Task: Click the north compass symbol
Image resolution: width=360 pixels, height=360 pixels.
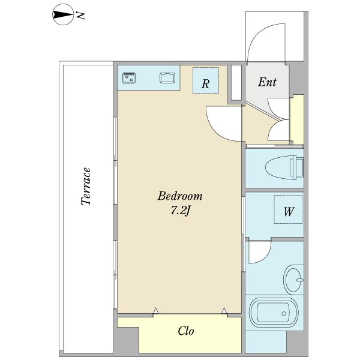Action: pyautogui.click(x=63, y=15)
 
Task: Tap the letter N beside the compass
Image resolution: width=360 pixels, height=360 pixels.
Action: pyautogui.click(x=81, y=16)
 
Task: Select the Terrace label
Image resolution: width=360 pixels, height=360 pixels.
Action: pyautogui.click(x=86, y=186)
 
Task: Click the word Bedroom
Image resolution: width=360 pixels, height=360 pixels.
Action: pyautogui.click(x=180, y=196)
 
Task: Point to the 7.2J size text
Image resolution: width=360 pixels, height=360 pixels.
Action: pyautogui.click(x=181, y=211)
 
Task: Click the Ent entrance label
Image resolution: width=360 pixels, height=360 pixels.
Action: pyautogui.click(x=267, y=82)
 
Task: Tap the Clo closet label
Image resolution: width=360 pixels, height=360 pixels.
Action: pyautogui.click(x=186, y=331)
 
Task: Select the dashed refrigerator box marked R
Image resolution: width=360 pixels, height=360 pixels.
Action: pyautogui.click(x=206, y=80)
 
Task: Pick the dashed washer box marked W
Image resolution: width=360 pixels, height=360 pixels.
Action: pyautogui.click(x=288, y=209)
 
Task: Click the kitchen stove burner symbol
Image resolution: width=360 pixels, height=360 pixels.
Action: pyautogui.click(x=129, y=78)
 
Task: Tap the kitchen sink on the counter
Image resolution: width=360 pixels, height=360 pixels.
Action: pyautogui.click(x=167, y=77)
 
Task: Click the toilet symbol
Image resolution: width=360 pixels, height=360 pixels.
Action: pyautogui.click(x=284, y=167)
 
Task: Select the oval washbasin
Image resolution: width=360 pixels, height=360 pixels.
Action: pyautogui.click(x=293, y=280)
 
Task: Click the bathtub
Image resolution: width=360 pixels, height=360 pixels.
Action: pyautogui.click(x=274, y=313)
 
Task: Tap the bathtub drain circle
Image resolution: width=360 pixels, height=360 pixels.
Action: pyautogui.click(x=284, y=313)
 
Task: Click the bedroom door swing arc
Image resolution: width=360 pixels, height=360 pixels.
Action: pyautogui.click(x=215, y=130)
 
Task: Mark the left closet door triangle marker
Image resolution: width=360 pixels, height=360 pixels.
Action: pyautogui.click(x=156, y=310)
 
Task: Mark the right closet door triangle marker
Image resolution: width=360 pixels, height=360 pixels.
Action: pyautogui.click(x=224, y=311)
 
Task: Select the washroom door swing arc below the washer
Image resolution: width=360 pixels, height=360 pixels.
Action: pyautogui.click(x=265, y=257)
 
